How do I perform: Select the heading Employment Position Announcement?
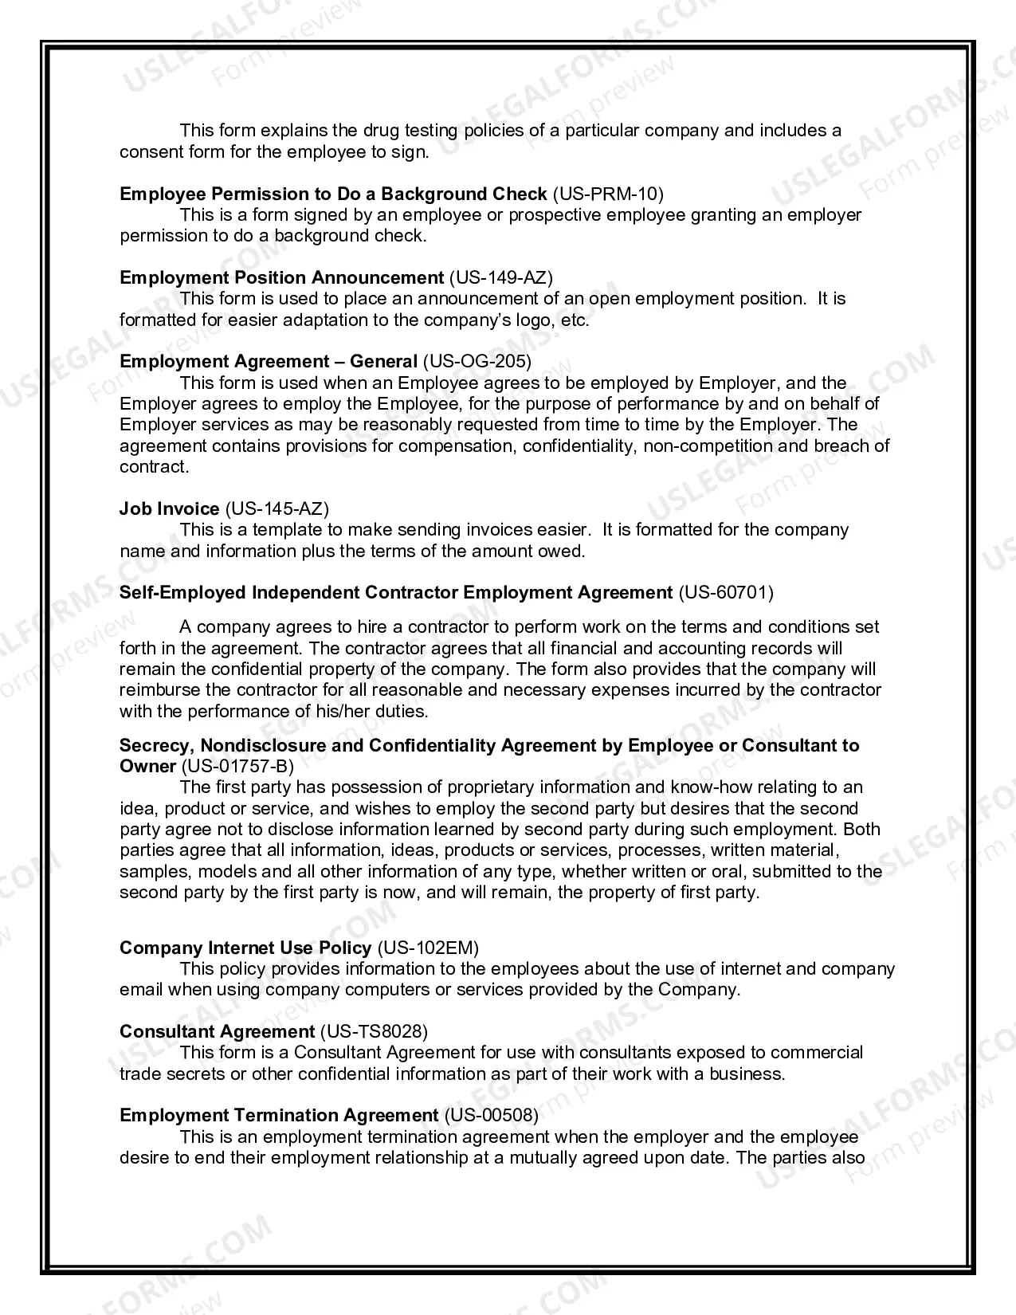281,277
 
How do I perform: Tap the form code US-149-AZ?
501,277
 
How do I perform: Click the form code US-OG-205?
477,362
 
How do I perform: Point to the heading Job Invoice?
169,508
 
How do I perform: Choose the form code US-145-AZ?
277,508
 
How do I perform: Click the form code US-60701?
725,592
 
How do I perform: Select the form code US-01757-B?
237,767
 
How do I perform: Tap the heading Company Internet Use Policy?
245,948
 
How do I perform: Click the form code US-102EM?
429,948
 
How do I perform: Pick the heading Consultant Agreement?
217,1032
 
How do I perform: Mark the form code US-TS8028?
374,1032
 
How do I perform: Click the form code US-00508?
490,1115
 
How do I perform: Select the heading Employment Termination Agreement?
279,1115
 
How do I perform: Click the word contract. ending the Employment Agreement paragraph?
154,467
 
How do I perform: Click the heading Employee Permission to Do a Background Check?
333,194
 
